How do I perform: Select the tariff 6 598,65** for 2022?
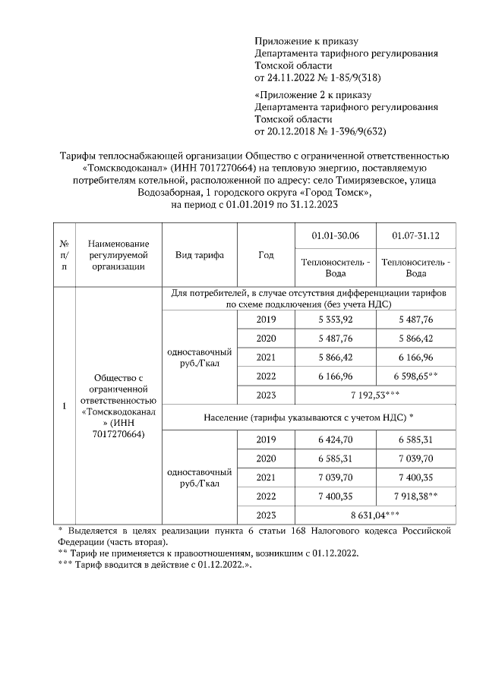tap(416, 376)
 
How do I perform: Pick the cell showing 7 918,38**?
tap(416, 496)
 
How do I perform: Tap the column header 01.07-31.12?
tap(416, 236)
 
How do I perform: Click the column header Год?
tap(266, 255)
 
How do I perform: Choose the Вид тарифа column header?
tap(200, 255)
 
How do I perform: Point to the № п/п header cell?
tap(64, 255)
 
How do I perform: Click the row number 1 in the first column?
tap(64, 406)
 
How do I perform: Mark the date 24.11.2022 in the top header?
tap(292, 77)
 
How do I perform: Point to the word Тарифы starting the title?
tap(78, 156)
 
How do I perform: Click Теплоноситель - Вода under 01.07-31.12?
tap(416, 267)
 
